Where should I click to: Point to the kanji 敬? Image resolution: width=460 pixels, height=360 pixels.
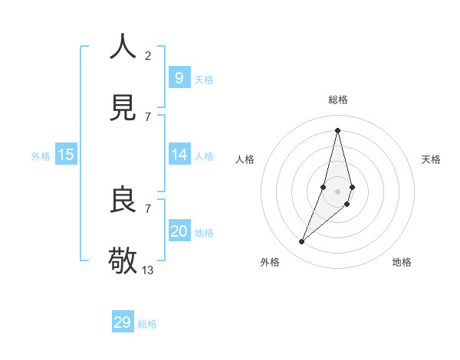[x=123, y=260]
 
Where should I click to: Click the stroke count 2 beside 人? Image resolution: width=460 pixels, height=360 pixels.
[x=148, y=56]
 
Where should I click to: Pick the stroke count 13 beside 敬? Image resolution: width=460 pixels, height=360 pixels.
[x=148, y=270]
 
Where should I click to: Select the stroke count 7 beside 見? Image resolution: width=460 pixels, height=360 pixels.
[x=148, y=116]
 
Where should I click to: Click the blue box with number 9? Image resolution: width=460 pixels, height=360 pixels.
[x=179, y=77]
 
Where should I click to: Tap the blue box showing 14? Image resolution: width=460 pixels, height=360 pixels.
[x=179, y=155]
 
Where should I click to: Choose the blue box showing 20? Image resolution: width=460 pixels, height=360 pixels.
[x=179, y=231]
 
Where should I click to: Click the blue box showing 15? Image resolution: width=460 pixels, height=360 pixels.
[x=66, y=155]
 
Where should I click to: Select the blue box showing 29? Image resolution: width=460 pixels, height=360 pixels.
[x=123, y=322]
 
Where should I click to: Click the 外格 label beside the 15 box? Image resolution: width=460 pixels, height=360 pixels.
[x=41, y=156]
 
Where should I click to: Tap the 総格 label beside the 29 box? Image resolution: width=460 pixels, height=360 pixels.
[x=147, y=324]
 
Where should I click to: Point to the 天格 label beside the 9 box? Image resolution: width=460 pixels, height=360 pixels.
[x=204, y=80]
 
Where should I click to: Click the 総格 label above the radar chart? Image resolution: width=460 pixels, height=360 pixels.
[x=337, y=100]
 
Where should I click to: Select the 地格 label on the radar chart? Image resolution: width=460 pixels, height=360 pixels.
[x=402, y=262]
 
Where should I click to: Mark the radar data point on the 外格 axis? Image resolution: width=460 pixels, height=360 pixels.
[x=301, y=242]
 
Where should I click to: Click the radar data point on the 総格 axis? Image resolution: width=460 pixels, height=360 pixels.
[x=337, y=130]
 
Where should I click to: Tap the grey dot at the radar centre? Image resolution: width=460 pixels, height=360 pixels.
[x=337, y=191]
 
